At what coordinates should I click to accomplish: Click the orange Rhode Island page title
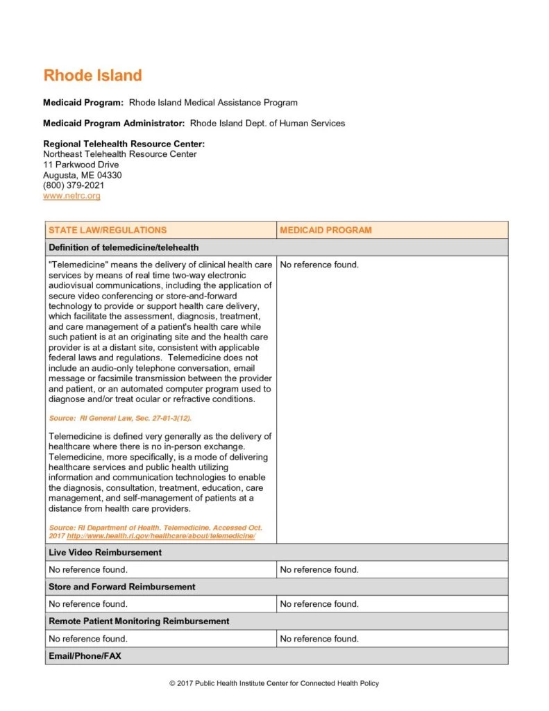(92, 76)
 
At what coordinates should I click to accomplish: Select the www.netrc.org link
(71, 196)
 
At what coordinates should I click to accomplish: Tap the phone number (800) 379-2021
(74, 186)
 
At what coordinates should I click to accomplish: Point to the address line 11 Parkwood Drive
(81, 165)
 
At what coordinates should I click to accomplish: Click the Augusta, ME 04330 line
(82, 176)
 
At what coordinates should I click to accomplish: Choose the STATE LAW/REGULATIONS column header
(108, 231)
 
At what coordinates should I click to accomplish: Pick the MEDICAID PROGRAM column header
(326, 231)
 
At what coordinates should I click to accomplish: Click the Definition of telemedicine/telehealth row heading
(124, 248)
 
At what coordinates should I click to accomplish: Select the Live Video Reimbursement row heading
(105, 553)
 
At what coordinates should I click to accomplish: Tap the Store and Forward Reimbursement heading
(121, 587)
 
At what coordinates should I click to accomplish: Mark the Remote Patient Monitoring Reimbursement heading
(139, 621)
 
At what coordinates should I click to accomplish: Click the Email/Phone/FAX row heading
(85, 655)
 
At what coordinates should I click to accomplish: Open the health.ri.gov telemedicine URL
(161, 537)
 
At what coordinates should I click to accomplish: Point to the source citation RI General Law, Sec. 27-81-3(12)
(120, 419)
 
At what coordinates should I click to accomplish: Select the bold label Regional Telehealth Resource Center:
(124, 144)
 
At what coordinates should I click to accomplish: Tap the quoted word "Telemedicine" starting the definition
(76, 265)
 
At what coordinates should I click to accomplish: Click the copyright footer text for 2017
(274, 684)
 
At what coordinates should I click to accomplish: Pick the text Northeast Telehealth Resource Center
(119, 154)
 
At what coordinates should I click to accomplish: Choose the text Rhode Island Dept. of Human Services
(267, 124)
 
